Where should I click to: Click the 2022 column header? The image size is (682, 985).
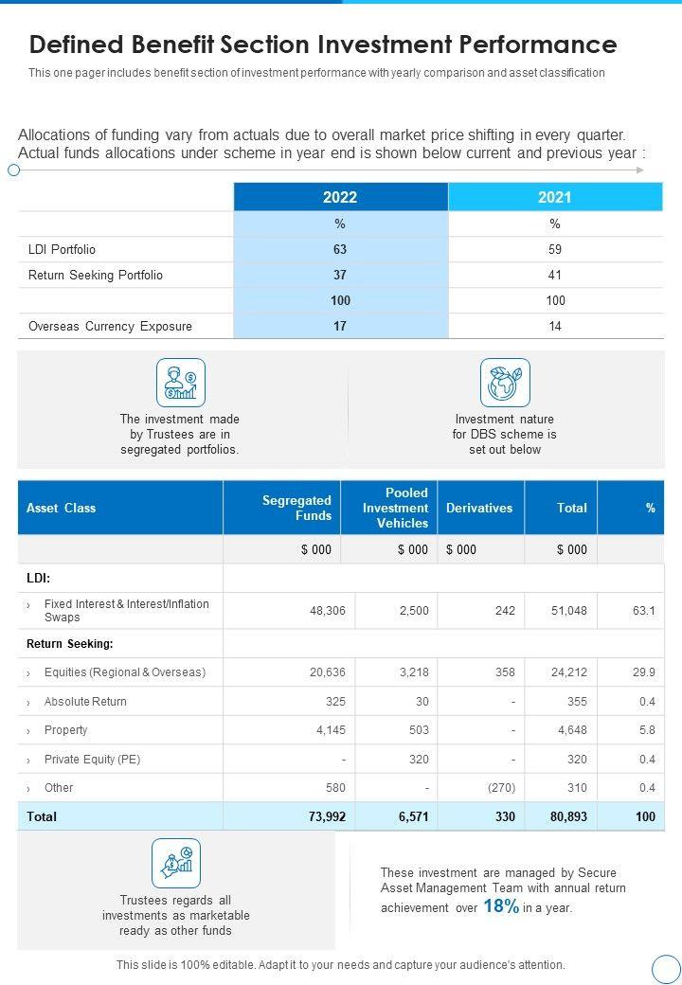(340, 197)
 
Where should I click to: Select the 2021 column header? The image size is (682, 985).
(555, 197)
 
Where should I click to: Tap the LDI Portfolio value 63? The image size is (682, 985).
(340, 250)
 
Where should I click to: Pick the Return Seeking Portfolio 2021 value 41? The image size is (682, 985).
(555, 276)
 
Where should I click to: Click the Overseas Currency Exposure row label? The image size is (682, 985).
(110, 327)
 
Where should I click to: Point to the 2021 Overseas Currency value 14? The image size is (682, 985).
(555, 327)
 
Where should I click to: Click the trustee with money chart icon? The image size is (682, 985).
(180, 383)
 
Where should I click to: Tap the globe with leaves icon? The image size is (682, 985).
(505, 383)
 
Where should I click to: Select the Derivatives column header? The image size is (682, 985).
(479, 509)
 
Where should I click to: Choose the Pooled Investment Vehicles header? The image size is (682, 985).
(396, 509)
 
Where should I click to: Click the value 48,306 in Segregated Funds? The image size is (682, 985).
(328, 611)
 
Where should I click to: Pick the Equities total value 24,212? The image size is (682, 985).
(570, 672)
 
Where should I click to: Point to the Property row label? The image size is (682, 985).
(65, 730)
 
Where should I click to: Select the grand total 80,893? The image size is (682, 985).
(569, 816)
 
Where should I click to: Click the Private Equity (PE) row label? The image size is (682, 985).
(92, 760)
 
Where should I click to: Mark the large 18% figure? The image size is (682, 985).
(501, 906)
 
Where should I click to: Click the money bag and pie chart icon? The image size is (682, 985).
(176, 863)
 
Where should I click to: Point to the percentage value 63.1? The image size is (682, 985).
(643, 611)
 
